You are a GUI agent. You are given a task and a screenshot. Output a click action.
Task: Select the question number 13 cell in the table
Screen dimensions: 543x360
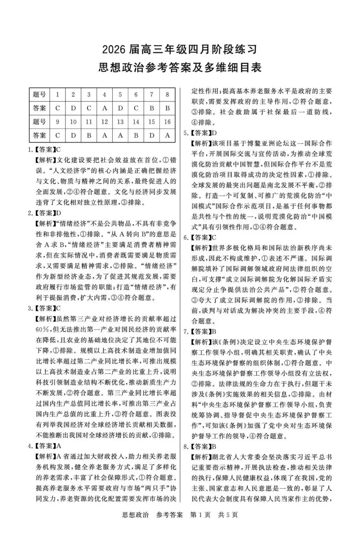coord(120,122)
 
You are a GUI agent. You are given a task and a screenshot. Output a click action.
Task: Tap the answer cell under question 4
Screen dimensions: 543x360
coord(104,108)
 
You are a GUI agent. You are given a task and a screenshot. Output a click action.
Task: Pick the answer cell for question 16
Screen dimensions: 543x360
coord(167,135)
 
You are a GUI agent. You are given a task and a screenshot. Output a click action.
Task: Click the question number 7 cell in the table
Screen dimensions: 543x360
coord(152,94)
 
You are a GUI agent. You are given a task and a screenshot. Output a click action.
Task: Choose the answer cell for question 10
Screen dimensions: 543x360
coord(73,135)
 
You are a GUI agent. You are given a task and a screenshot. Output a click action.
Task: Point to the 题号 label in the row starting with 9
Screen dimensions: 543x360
coord(39,122)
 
